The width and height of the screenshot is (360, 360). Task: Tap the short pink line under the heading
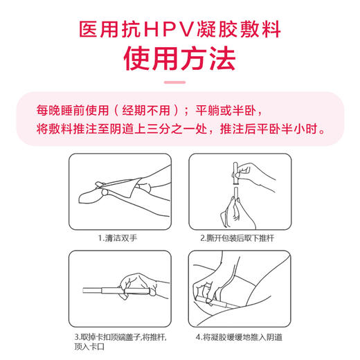pyautogui.click(x=179, y=83)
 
